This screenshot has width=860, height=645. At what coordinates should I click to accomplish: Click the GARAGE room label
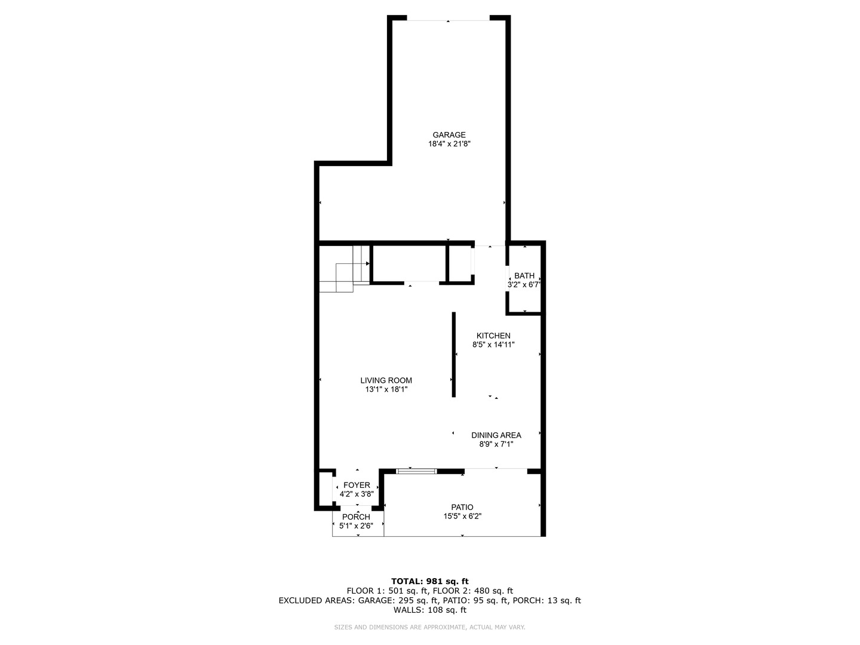449,135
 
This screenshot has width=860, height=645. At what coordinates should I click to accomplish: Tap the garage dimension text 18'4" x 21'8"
449,144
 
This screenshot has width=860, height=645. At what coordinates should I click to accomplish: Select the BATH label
524,276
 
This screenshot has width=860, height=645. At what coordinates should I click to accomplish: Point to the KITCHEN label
493,336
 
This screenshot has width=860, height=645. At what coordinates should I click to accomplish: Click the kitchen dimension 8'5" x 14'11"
493,345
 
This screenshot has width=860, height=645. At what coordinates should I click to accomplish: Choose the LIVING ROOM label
386,380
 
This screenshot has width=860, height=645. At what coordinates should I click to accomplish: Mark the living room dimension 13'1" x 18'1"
386,389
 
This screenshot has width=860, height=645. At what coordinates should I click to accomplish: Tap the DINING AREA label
496,435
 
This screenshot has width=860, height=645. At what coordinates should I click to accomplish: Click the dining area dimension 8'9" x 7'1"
496,444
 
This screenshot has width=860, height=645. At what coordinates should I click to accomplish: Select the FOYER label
357,485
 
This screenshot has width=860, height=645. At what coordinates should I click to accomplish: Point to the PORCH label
356,517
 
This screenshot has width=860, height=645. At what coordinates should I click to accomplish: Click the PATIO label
462,507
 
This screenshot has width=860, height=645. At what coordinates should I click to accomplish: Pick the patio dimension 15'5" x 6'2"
462,516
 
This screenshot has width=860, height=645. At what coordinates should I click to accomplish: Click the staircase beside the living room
345,269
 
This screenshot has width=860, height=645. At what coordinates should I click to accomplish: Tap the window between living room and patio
416,471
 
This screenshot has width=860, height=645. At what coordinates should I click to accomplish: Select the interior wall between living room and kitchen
454,354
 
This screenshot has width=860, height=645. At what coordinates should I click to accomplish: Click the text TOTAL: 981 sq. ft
430,581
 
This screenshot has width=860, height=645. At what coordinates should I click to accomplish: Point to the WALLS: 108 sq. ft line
430,610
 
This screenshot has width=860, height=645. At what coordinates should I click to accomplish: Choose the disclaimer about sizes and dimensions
429,627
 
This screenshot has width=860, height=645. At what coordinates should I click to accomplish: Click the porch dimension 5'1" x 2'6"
356,526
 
